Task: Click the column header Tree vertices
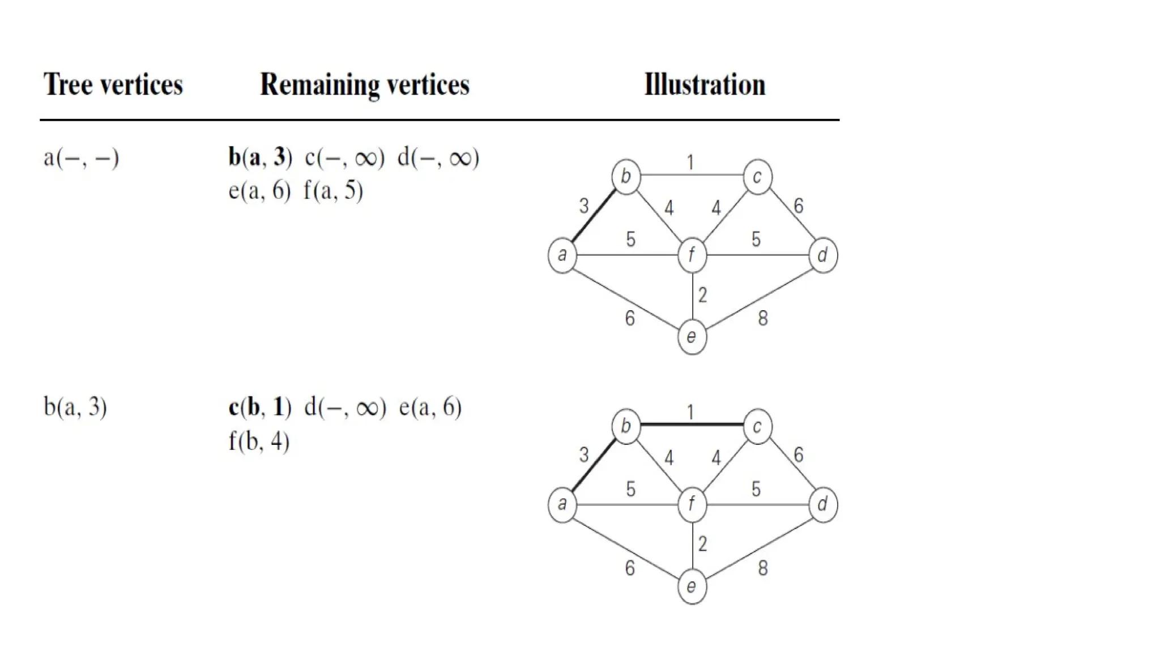[x=113, y=85]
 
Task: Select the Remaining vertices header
[x=365, y=85]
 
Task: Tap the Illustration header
[x=705, y=85]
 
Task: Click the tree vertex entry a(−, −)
[x=81, y=157]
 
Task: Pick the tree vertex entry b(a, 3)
[x=75, y=407]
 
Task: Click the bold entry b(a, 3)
[x=260, y=157]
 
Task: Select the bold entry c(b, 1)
[x=259, y=407]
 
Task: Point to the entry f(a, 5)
[x=333, y=191]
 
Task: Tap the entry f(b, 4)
[x=259, y=441]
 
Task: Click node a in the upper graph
[x=562, y=255]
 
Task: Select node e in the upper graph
[x=692, y=337]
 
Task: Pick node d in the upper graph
[x=822, y=255]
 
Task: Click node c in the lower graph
[x=757, y=426]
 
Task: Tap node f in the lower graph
[x=692, y=504]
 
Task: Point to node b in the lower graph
[x=626, y=426]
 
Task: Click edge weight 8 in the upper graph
[x=763, y=318]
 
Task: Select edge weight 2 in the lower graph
[x=702, y=544]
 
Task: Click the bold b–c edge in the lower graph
[x=691, y=424]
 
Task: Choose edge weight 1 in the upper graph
[x=690, y=163]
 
